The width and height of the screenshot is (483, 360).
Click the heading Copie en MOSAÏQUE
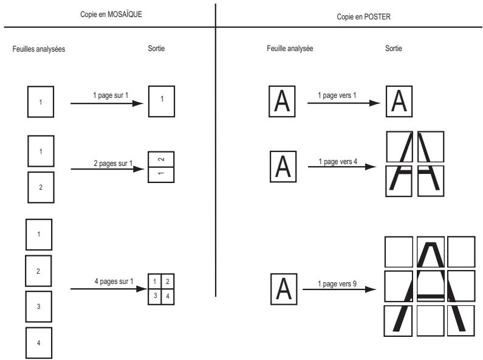(111, 14)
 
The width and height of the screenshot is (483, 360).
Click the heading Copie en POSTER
(363, 16)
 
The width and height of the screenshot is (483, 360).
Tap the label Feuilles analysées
(39, 49)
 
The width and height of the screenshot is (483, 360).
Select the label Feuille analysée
(290, 49)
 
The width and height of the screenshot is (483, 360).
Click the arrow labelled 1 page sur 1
(107, 103)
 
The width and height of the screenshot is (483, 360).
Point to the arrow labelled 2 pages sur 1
(108, 169)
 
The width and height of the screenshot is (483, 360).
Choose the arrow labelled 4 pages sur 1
(109, 289)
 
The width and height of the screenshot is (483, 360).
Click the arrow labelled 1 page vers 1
(344, 103)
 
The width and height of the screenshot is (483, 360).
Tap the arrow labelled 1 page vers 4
(342, 167)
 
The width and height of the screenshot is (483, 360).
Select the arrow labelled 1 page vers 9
(340, 289)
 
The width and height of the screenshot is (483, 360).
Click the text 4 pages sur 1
(114, 282)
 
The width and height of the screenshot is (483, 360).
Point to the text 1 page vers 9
(337, 283)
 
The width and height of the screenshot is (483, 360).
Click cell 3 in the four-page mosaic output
(155, 297)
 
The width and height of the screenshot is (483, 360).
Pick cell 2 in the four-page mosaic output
(168, 282)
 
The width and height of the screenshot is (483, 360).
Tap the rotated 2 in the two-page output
(161, 159)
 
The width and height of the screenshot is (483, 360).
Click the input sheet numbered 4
(39, 343)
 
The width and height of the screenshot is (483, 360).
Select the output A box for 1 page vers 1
(399, 102)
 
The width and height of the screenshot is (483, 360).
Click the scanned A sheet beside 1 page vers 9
(284, 289)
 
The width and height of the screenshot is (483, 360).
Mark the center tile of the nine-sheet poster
(431, 286)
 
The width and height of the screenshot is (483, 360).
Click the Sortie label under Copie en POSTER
(394, 49)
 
